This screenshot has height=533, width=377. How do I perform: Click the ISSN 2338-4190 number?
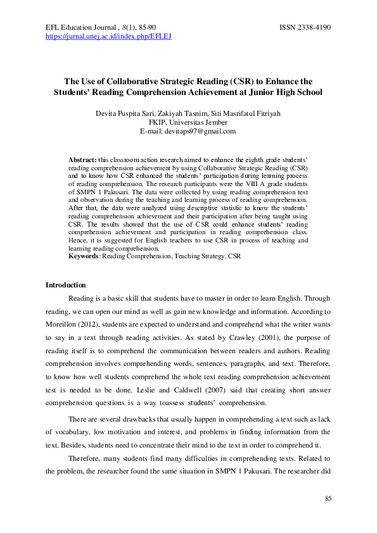tap(305, 28)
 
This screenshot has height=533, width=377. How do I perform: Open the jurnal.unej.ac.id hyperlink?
tap(108, 37)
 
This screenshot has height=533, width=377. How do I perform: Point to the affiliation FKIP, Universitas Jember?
tap(188, 122)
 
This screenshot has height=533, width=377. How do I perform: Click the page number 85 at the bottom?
tap(328, 499)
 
